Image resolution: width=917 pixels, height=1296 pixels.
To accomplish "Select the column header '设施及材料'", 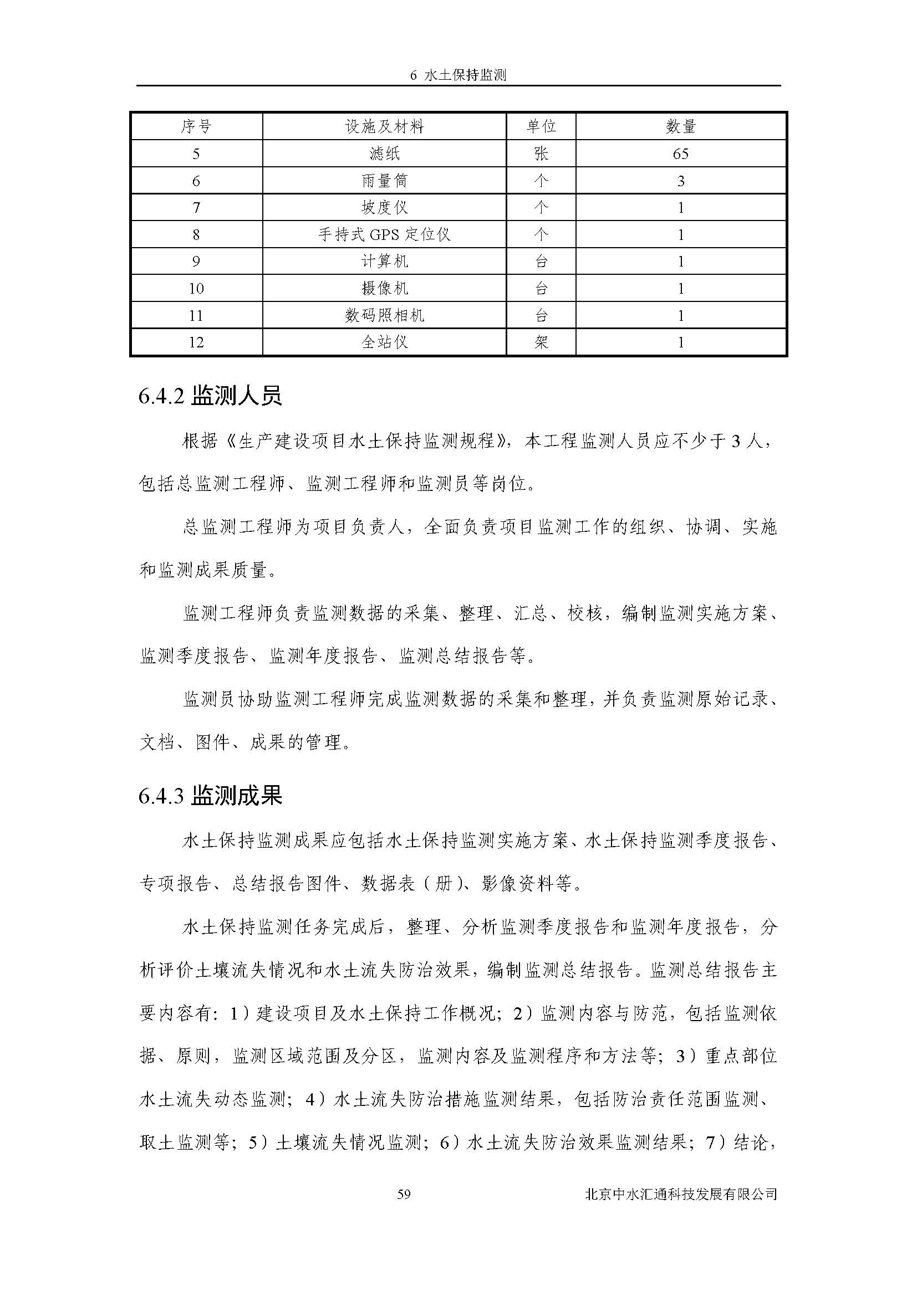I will click(x=384, y=126).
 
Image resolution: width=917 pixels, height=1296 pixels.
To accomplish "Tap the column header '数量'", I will click(x=680, y=126).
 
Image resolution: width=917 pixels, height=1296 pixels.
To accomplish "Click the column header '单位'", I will click(x=541, y=126).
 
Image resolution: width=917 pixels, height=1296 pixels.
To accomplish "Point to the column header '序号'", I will click(x=196, y=126).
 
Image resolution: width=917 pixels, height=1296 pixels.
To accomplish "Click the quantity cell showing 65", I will click(x=680, y=153).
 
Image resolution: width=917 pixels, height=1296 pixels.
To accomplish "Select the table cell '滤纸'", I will click(x=384, y=153).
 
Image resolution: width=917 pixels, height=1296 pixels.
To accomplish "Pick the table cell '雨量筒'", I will click(x=384, y=181).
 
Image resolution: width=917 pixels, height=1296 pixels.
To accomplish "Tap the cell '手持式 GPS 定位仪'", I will click(x=384, y=234).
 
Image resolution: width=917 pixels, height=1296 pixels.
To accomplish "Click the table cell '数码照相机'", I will click(x=384, y=315).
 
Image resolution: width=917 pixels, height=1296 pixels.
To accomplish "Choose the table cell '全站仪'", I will click(x=384, y=342).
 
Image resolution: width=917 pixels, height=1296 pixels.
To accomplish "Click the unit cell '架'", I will click(x=541, y=342).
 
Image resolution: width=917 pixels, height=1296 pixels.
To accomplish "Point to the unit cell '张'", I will click(x=541, y=153).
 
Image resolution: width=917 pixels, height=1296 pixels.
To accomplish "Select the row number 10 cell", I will click(x=196, y=289).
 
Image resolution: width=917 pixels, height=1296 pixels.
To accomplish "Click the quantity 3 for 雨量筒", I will click(x=680, y=181).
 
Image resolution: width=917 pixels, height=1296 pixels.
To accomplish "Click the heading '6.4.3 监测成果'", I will click(x=210, y=796).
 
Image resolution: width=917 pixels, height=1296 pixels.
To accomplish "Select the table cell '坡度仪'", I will click(x=384, y=208).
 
